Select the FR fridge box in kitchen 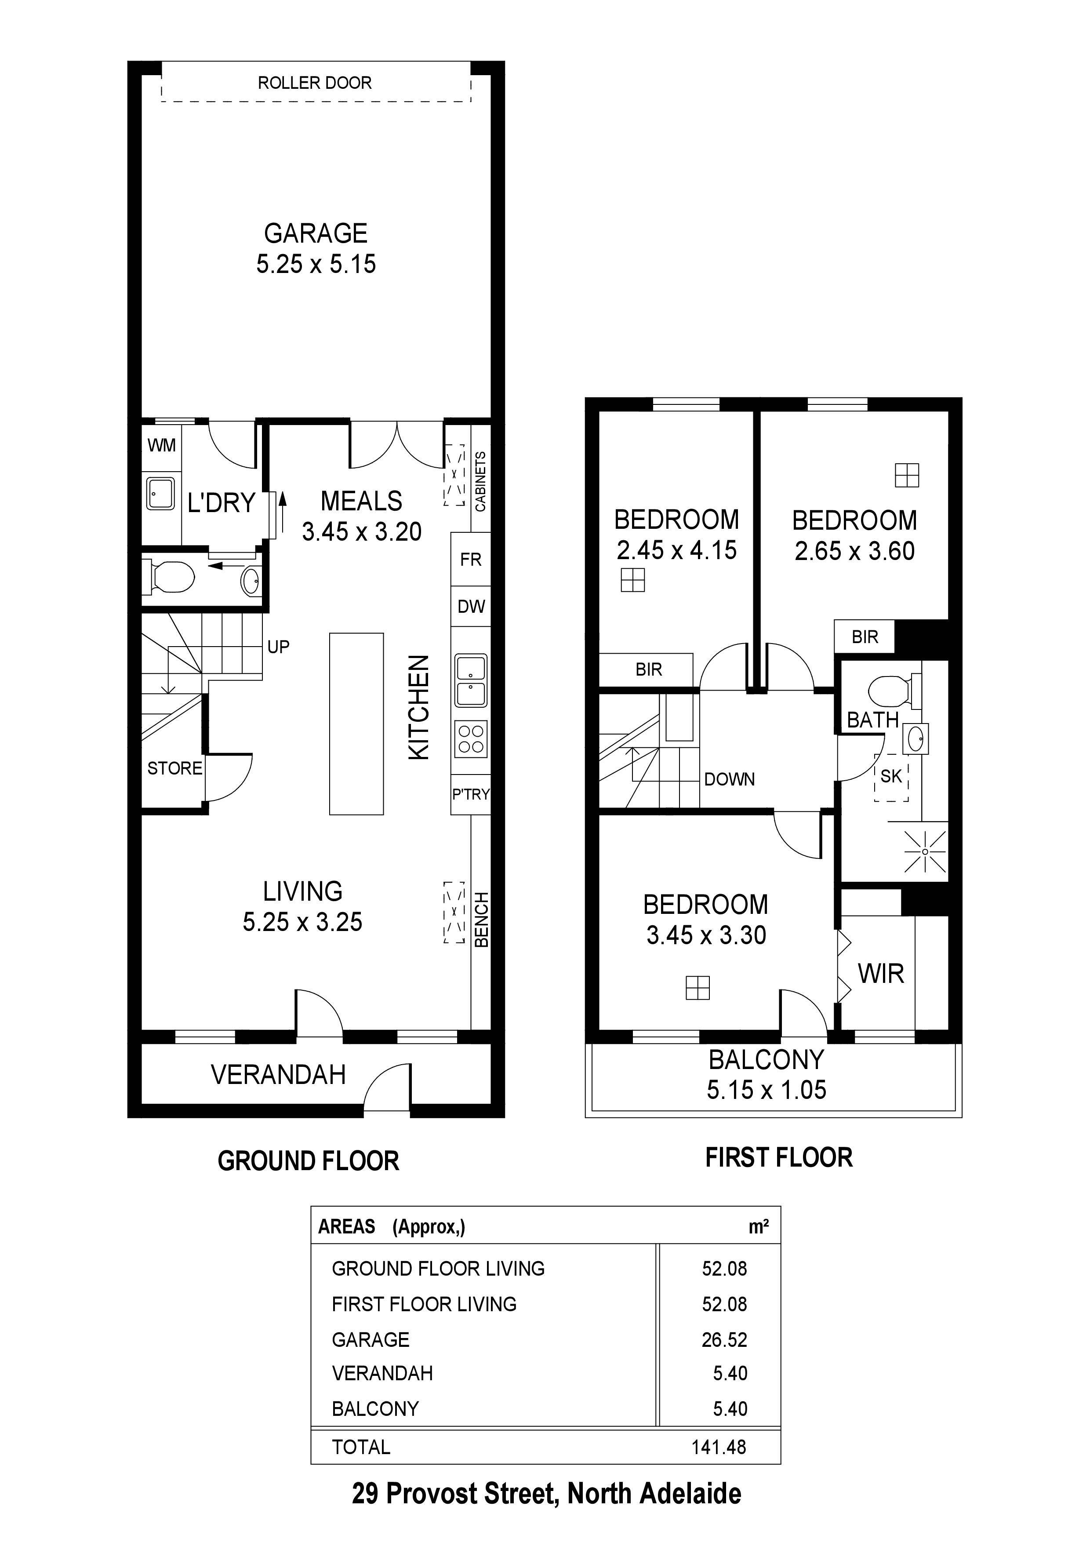click(470, 560)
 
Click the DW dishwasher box click(471, 607)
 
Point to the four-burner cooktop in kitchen click(471, 739)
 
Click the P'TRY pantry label click(470, 794)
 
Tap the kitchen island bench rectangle click(356, 724)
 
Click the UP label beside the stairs click(278, 647)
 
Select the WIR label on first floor click(880, 973)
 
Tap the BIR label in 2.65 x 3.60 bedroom click(865, 636)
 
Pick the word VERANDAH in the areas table click(382, 1374)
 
